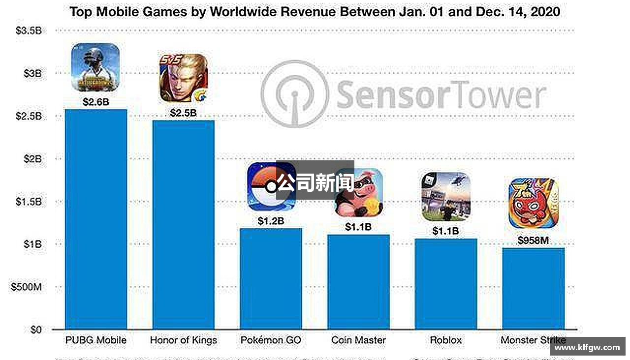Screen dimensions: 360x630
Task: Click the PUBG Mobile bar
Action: pos(96,219)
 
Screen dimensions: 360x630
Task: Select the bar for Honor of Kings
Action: pos(184,224)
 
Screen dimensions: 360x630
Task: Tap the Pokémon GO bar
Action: pos(271,278)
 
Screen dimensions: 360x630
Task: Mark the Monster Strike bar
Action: pos(533,288)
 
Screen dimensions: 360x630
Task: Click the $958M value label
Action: pos(533,241)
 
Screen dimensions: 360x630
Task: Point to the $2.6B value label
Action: pos(96,102)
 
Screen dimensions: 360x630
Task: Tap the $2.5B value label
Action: pos(184,113)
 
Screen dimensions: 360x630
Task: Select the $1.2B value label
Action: pos(271,221)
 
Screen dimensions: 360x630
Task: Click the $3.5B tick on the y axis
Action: pos(29,31)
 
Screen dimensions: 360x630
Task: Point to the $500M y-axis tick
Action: pos(26,287)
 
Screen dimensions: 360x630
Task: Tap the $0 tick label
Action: pos(35,329)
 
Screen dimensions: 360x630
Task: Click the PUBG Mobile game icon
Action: pos(95,67)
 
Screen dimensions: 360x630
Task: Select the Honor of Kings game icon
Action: pos(183,78)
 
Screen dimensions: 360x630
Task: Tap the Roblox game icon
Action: pos(446,197)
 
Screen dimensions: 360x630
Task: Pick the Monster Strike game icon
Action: pos(533,203)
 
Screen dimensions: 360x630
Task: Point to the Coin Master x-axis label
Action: pos(358,340)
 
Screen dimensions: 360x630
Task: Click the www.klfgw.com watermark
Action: pos(587,347)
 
